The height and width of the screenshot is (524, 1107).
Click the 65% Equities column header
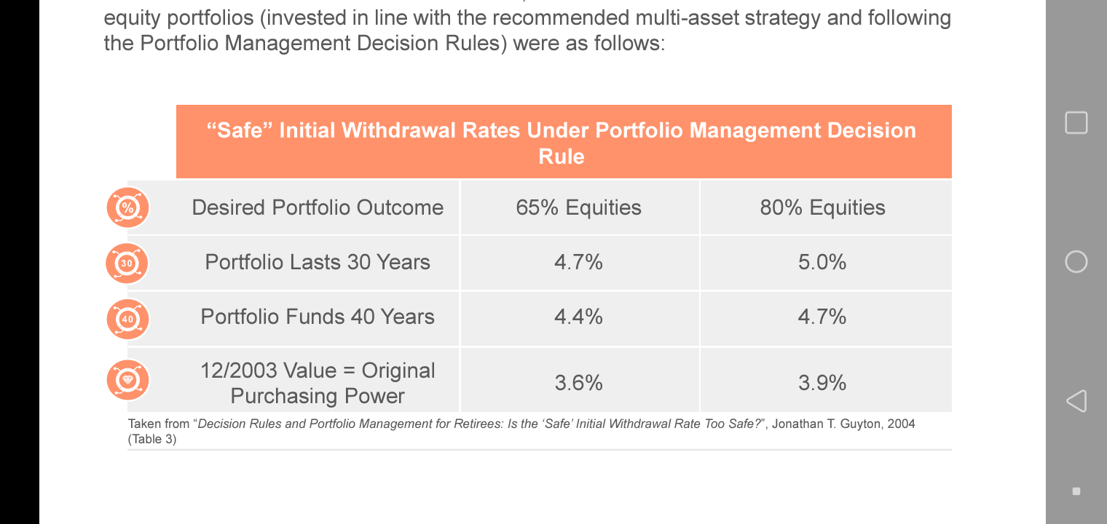click(578, 207)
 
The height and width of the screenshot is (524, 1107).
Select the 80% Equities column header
click(822, 207)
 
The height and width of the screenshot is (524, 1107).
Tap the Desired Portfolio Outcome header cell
click(318, 207)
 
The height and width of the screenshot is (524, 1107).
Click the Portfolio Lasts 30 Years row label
click(318, 262)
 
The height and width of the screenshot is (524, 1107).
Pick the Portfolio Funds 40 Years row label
click(318, 317)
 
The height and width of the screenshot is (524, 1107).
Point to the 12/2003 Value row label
click(318, 383)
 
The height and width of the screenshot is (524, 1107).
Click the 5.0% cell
click(822, 262)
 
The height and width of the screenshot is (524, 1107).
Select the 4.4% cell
click(578, 317)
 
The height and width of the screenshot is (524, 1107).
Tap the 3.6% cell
click(578, 383)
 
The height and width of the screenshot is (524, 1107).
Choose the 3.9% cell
click(822, 383)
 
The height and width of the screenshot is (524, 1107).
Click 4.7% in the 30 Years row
click(578, 262)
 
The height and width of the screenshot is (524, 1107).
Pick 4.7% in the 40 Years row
click(822, 317)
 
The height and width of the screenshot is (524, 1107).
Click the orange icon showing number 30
click(127, 263)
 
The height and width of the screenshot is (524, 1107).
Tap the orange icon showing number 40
click(127, 319)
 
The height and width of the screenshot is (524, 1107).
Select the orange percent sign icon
click(127, 207)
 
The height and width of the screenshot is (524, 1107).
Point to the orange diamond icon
click(127, 380)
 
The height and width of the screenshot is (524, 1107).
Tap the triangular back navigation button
click(1076, 400)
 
